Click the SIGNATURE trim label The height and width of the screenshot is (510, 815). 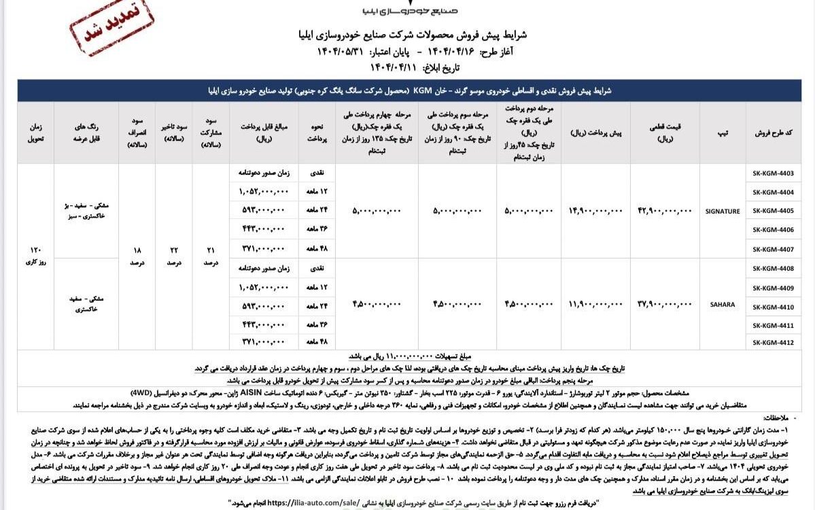click(722, 211)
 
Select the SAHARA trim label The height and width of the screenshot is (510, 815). click(722, 305)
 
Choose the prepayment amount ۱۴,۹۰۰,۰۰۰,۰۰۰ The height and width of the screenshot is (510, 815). click(595, 211)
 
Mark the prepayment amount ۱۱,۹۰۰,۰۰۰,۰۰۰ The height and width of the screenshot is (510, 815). click(595, 305)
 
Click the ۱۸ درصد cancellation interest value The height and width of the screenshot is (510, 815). click(136, 257)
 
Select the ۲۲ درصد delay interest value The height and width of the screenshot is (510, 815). click(173, 257)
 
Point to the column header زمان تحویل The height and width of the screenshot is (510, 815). click(35, 133)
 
